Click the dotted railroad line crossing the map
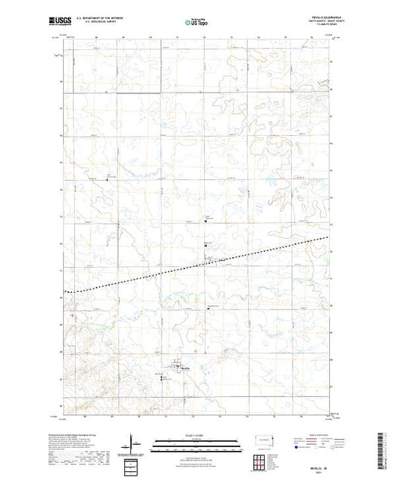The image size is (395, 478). tap(152, 274)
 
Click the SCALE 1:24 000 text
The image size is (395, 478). tap(196, 435)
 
